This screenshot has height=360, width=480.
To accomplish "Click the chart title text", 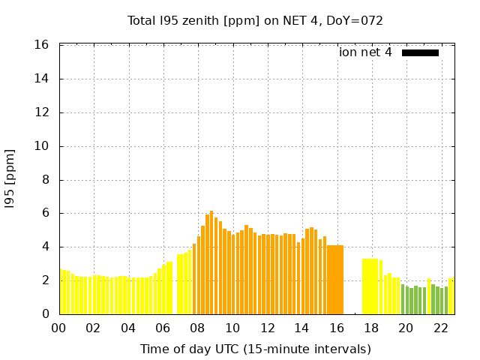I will (255, 20).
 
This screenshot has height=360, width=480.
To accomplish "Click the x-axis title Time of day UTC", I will (255, 349).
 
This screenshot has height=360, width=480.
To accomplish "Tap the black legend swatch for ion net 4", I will (420, 52).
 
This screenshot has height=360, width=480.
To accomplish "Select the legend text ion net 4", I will (365, 52).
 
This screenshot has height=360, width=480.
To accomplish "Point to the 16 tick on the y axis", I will (43, 45).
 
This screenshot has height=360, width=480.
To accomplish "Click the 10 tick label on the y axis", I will (43, 146).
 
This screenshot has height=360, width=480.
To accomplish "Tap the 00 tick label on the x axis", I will (58, 328).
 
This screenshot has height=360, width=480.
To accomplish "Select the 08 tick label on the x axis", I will (197, 328).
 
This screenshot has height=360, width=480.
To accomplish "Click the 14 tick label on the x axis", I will (301, 328).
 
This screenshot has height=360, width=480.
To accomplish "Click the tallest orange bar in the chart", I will (211, 262).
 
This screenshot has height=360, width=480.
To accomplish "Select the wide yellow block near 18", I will (370, 286).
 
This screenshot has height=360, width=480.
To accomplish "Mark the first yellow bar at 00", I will (61, 292).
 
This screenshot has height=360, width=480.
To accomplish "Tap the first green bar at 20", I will (403, 299).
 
